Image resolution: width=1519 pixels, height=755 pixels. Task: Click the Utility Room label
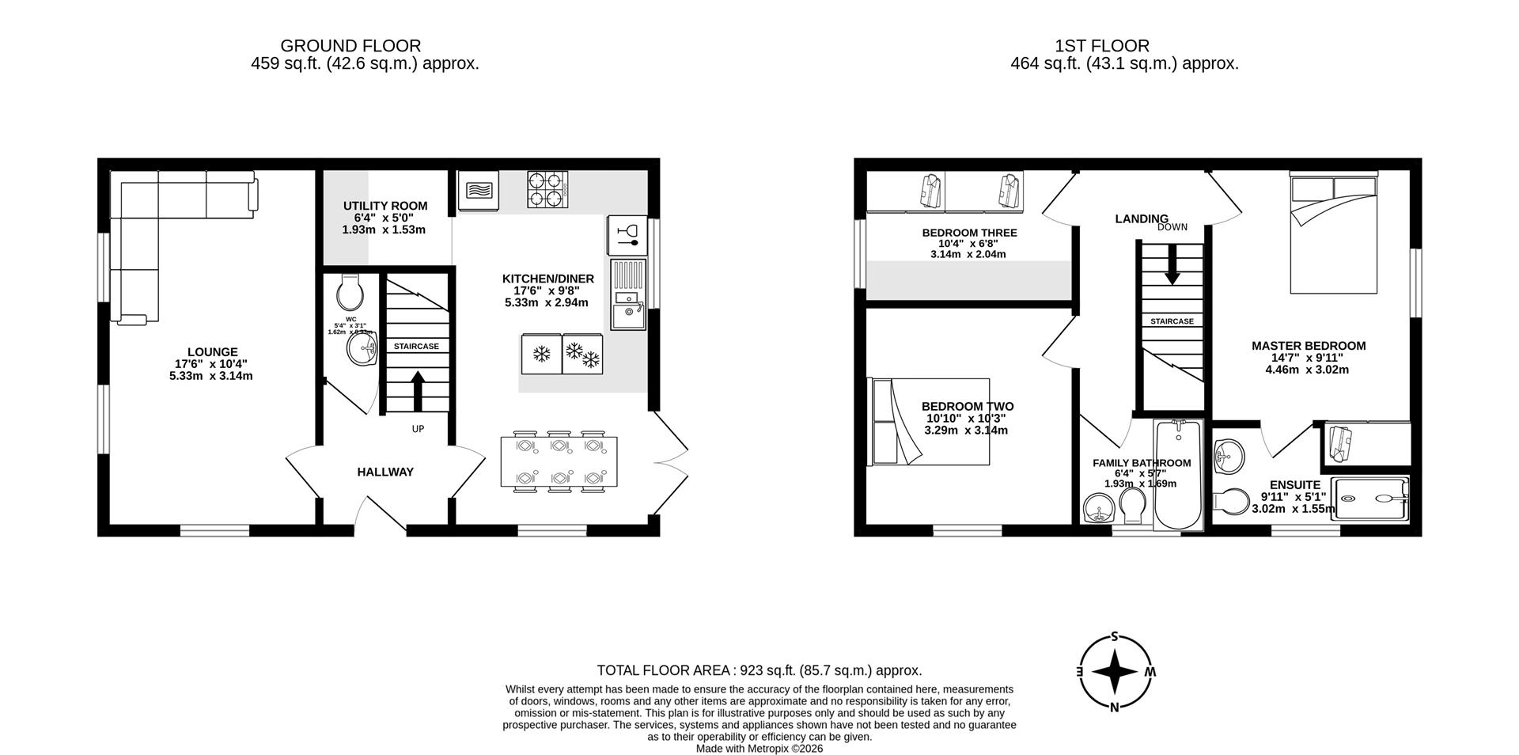(384, 206)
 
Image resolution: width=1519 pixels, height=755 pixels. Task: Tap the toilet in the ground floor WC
(349, 293)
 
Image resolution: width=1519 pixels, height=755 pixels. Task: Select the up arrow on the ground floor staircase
(417, 390)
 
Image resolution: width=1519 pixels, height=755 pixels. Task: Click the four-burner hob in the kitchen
(547, 190)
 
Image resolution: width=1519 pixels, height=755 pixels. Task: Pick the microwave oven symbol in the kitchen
(479, 192)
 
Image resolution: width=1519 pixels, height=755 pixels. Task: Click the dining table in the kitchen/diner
(559, 462)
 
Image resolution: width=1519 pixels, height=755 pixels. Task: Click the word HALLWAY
(385, 472)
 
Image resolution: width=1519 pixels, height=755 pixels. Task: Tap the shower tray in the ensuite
(1371, 499)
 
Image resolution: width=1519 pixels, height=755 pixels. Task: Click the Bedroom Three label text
(969, 233)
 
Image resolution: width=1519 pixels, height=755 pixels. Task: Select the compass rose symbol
(1115, 673)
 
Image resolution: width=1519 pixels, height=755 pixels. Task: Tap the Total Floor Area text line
(759, 670)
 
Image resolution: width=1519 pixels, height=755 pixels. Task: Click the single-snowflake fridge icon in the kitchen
(542, 354)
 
